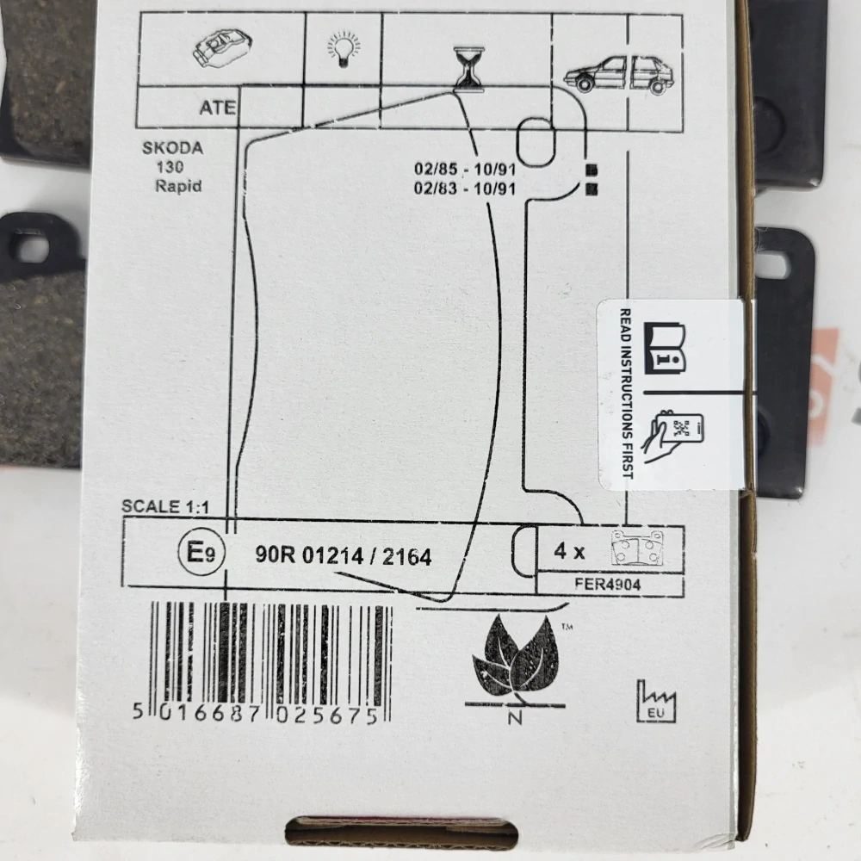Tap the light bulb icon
tap(344, 49)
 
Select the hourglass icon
tap(468, 69)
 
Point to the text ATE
tap(218, 108)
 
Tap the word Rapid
tap(178, 186)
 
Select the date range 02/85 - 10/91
tap(465, 169)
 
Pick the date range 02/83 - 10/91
tap(465, 189)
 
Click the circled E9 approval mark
tap(201, 552)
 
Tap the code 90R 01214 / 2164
tap(344, 556)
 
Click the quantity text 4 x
tap(569, 550)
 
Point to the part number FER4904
tap(608, 584)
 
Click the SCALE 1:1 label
tap(165, 506)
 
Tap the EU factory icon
tap(656, 702)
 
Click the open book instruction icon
tap(665, 348)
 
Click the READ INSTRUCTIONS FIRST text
tap(626, 393)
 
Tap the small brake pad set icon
tap(637, 548)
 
